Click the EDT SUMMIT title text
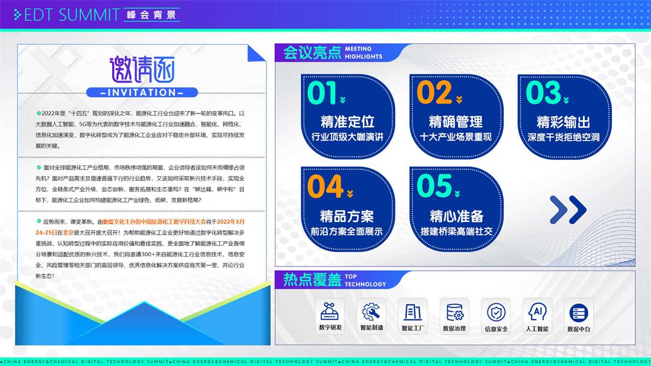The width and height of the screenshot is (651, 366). (72, 15)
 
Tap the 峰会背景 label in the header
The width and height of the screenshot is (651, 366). (151, 15)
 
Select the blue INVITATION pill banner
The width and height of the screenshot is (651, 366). (142, 92)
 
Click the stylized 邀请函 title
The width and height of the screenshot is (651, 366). (142, 69)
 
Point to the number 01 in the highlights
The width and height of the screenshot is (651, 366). (322, 93)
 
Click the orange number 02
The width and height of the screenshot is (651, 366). (434, 93)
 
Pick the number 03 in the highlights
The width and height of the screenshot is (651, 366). (544, 93)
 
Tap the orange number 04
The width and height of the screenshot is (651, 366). (325, 186)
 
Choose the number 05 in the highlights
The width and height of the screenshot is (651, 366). (434, 186)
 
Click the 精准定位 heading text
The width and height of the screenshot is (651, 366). (348, 122)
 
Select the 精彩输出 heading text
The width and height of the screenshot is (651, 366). (564, 122)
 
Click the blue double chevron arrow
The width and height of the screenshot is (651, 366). (568, 210)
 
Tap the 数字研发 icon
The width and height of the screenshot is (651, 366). (330, 312)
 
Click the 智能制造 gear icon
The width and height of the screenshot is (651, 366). (371, 312)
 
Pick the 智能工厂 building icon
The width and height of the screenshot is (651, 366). (413, 312)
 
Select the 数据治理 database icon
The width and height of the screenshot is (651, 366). (454, 312)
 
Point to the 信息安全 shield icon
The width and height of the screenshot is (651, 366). (496, 312)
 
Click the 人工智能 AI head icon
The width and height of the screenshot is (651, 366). (537, 312)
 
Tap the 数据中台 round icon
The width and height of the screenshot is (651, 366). (579, 312)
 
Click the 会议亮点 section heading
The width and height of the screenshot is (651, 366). (312, 53)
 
